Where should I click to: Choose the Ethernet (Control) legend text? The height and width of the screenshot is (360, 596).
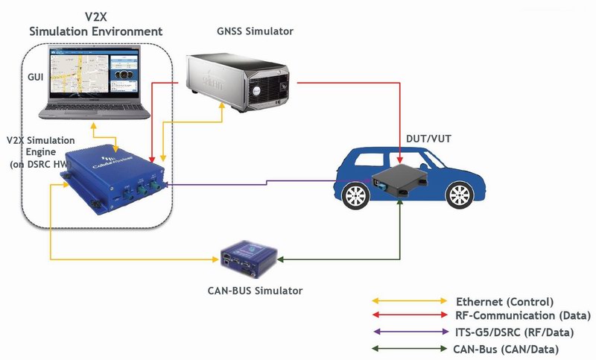(504, 302)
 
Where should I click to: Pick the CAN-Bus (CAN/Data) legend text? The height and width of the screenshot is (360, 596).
(506, 349)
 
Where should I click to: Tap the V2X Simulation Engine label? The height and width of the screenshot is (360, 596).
(37, 152)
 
